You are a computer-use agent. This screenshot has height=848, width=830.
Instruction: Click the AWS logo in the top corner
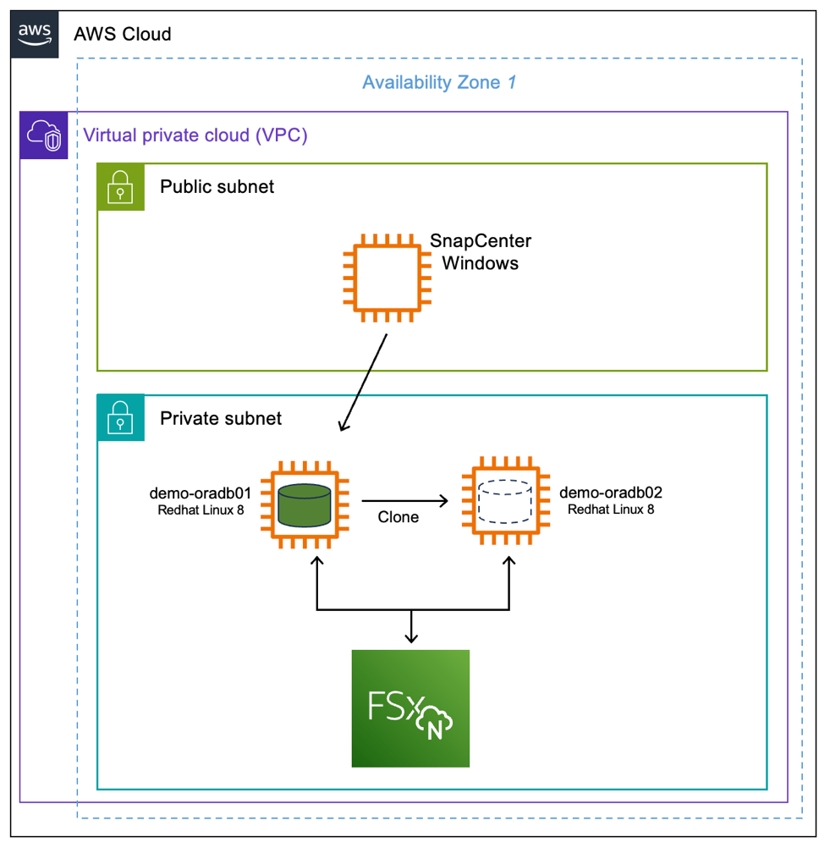(35, 34)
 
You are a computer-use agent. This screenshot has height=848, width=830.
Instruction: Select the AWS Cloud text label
(123, 34)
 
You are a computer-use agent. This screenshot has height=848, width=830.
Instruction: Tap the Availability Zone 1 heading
(439, 83)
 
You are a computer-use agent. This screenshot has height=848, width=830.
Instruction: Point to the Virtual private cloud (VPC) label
(195, 135)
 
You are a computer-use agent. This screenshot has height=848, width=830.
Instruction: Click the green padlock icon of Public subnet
(121, 187)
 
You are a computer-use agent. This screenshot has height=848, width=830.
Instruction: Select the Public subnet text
(217, 187)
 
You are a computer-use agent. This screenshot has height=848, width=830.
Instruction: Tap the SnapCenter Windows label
(481, 252)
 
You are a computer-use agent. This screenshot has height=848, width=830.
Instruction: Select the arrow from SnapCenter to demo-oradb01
(364, 381)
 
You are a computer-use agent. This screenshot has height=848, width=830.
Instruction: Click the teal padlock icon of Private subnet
(121, 418)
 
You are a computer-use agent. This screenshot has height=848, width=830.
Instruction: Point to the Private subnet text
(221, 418)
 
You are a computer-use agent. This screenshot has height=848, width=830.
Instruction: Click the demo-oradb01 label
(201, 493)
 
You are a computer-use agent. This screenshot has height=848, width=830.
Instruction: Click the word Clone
(398, 517)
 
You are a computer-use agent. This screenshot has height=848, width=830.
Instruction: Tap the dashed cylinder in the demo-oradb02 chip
(505, 503)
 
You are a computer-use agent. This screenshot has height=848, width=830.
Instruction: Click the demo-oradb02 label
(610, 493)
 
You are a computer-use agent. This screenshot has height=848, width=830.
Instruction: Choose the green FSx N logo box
(410, 708)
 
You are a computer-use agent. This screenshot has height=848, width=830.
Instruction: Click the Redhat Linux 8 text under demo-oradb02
(610, 509)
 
